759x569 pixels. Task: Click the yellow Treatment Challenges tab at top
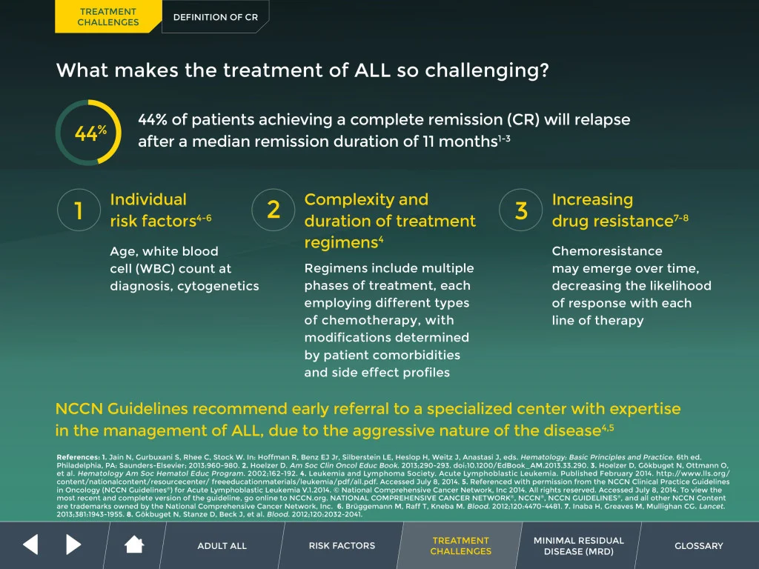pos(107,17)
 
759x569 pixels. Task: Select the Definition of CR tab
pos(216,17)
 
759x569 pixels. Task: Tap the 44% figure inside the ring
pos(90,133)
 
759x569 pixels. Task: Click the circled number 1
pos(79,211)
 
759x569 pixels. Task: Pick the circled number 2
pos(274,210)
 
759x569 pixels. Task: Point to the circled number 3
pos(521,210)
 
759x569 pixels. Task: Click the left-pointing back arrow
pos(30,545)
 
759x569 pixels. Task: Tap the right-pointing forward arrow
pos(73,545)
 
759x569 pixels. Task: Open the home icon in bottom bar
pos(134,545)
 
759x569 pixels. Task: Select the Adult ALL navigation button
pos(222,546)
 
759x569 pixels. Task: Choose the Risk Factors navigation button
pos(342,546)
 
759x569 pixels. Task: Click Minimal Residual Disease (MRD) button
pos(579,546)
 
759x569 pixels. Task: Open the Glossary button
pos(698,546)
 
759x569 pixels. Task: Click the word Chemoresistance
pos(597,251)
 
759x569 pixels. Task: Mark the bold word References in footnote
pos(77,456)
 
